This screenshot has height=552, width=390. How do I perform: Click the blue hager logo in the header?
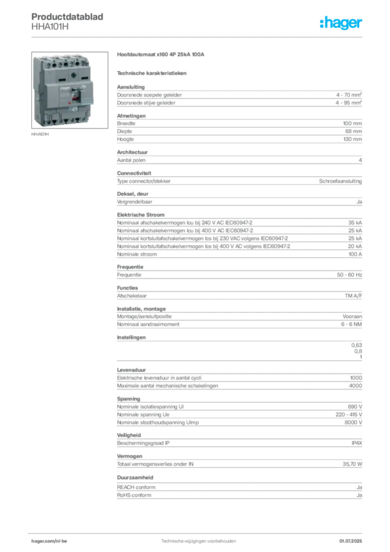[x=342, y=24]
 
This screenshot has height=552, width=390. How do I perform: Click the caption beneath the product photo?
[x=41, y=135]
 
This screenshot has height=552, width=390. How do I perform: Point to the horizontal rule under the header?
[x=198, y=37]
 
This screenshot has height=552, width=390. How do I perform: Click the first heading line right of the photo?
[x=161, y=55]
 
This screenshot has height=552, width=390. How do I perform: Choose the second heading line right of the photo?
[x=152, y=73]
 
